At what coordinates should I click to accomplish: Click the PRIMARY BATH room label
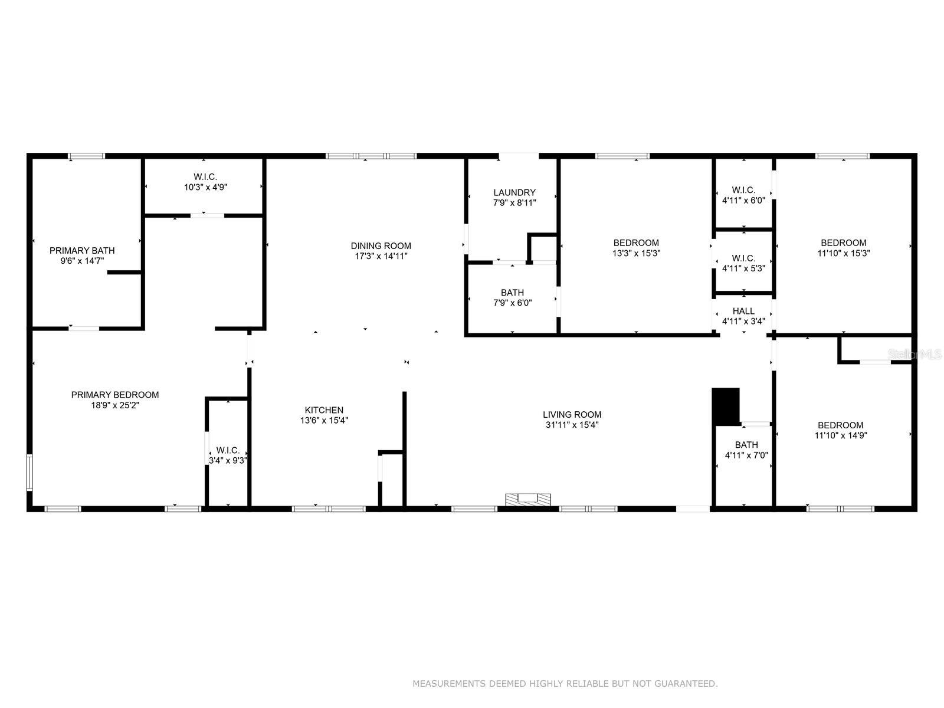82,250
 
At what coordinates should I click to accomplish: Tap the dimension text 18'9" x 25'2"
115,405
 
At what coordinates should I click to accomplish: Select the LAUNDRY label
514,192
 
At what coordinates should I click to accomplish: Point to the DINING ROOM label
381,245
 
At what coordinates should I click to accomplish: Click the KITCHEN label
324,410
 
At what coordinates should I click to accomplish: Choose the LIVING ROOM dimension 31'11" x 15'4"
572,425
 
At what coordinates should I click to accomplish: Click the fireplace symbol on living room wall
528,500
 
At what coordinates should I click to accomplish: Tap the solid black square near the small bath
726,406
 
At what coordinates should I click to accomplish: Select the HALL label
743,311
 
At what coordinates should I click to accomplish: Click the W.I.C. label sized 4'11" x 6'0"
743,190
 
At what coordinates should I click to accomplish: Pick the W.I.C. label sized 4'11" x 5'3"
743,258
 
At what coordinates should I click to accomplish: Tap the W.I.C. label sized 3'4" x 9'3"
228,450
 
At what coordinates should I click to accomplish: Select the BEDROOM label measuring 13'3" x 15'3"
636,242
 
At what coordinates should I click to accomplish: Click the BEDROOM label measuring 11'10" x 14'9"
840,425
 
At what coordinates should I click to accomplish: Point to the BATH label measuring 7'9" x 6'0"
512,292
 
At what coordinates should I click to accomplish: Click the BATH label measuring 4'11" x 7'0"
746,445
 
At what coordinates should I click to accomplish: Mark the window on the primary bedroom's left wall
29,472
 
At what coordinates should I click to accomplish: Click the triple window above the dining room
371,156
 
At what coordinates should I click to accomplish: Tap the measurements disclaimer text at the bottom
565,684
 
